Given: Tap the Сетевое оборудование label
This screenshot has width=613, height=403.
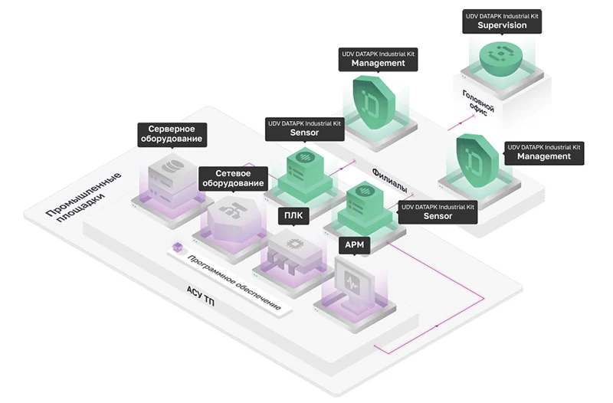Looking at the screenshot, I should (232, 179).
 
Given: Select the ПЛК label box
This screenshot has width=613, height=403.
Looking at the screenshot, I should (294, 215).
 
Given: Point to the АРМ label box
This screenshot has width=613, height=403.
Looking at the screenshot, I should (354, 245).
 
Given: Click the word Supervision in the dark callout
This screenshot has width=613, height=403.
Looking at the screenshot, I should (502, 25).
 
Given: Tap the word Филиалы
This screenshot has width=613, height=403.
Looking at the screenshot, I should (390, 180).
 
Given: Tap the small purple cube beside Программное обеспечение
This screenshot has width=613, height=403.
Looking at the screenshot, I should (178, 247).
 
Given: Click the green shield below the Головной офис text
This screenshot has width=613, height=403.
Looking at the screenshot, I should (475, 157).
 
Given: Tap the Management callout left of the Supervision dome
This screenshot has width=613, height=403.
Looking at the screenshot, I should (378, 59).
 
